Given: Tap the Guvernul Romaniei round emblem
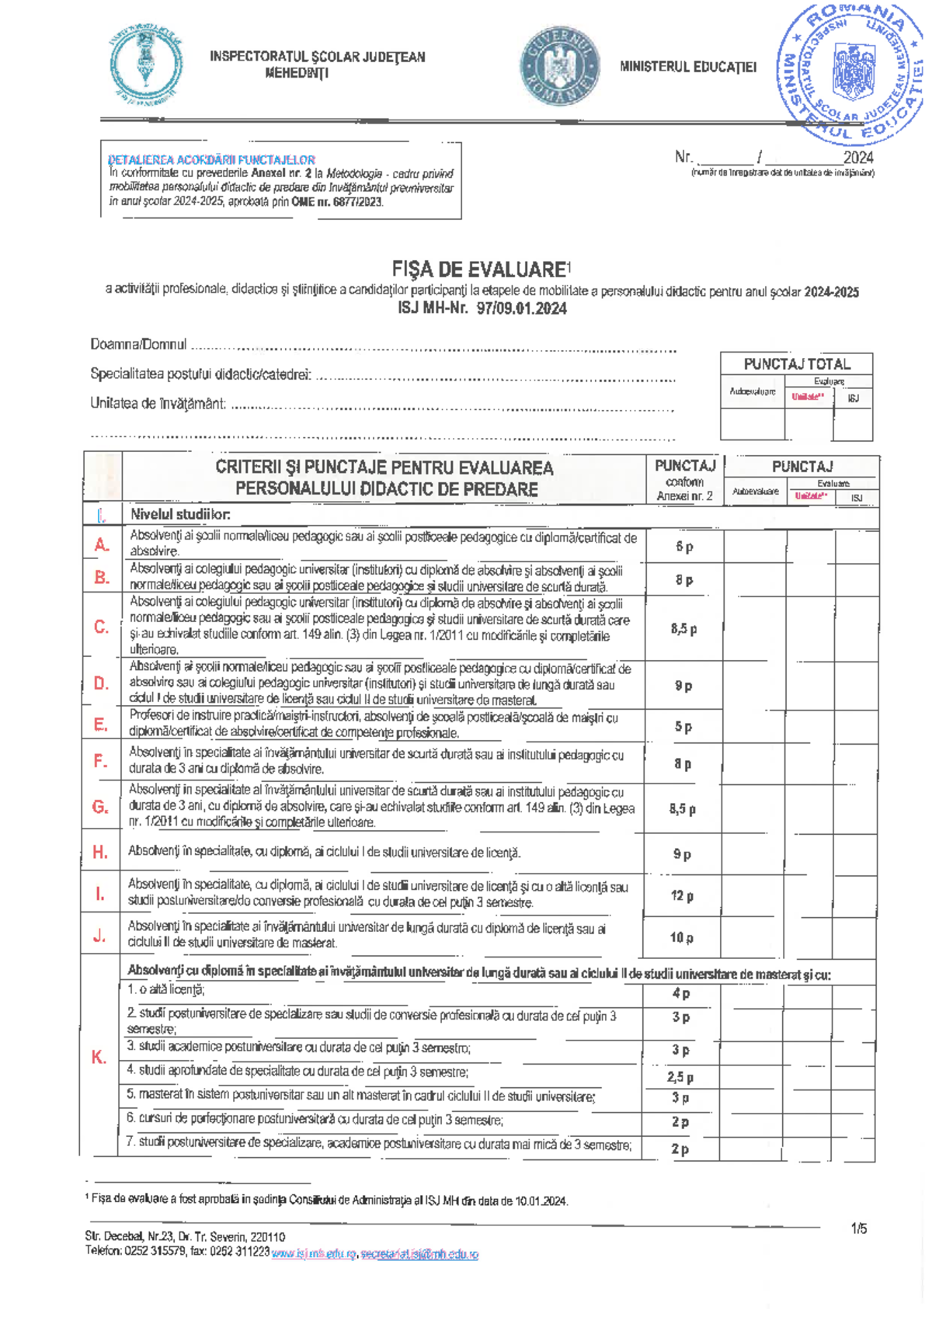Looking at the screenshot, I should [560, 67].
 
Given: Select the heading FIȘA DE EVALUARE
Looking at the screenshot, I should [479, 269].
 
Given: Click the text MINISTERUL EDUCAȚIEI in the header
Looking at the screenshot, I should [687, 67].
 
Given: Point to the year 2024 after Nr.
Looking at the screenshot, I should [858, 158].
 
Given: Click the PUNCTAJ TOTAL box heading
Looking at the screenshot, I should [797, 364].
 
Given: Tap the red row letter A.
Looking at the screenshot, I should [102, 545].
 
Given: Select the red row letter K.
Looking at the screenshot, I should [99, 1057].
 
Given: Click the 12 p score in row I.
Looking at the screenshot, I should [682, 895].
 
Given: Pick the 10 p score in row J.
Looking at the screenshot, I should [681, 937].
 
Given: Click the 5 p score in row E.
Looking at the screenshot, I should [683, 727].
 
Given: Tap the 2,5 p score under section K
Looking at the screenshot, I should [680, 1077].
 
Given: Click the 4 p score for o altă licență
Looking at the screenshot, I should [680, 993].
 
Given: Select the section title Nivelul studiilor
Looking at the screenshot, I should [180, 514].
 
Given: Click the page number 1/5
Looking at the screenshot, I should [858, 1228].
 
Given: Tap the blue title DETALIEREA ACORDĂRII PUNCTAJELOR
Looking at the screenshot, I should [211, 160].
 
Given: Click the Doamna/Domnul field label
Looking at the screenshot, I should [138, 344].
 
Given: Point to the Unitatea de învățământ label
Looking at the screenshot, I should [158, 404].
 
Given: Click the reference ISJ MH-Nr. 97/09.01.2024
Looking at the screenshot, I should [482, 308].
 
